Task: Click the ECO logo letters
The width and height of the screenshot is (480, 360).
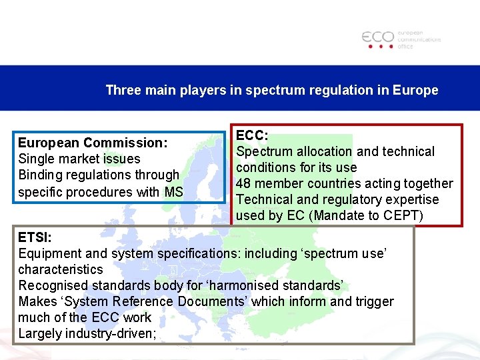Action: point(378,37)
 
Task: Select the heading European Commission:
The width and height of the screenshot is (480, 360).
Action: point(93,143)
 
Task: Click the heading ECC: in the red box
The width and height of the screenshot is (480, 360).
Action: point(252,135)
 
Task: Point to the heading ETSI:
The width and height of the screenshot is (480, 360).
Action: point(35,237)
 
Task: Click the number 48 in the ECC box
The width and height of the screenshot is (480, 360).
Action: point(244,183)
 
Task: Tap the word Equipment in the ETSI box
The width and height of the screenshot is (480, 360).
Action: point(47,253)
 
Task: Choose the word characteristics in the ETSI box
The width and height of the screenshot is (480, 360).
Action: point(61,269)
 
